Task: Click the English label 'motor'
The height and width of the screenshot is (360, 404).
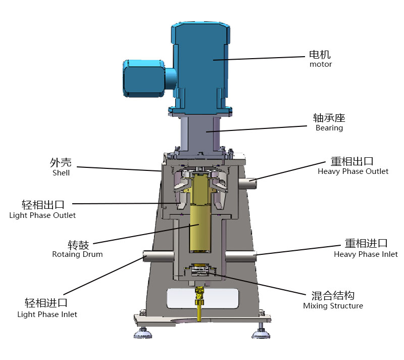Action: (x=321, y=64)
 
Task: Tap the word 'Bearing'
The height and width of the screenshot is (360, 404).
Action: (x=329, y=128)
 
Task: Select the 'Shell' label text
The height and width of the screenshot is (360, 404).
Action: (x=61, y=173)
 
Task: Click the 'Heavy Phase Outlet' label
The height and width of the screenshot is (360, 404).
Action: (x=352, y=171)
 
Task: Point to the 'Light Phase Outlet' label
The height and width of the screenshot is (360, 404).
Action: (x=42, y=215)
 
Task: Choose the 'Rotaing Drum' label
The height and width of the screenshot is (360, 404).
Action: (x=77, y=254)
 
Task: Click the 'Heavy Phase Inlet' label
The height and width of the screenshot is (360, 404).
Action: (x=366, y=254)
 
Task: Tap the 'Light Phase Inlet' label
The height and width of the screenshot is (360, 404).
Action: (x=47, y=314)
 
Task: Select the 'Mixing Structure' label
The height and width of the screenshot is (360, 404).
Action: (x=333, y=306)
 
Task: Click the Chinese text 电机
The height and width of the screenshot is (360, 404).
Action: (x=320, y=55)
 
